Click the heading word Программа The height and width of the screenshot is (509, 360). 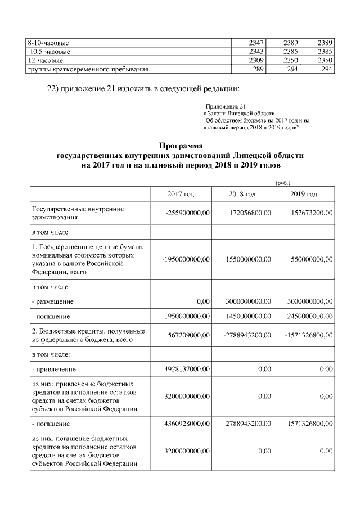(180, 146)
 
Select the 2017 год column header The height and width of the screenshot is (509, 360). (181, 194)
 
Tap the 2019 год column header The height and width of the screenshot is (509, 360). (304, 194)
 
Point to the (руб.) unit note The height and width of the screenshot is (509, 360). (282, 182)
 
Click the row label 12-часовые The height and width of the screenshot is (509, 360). (46, 60)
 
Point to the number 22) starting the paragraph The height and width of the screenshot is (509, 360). (53, 88)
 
